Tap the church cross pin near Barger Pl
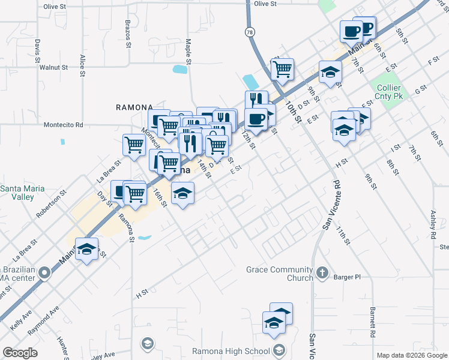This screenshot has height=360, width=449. [x=322, y=274]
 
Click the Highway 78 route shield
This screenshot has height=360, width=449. [x=249, y=31]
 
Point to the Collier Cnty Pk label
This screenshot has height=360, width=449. [x=392, y=92]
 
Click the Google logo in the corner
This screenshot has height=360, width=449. [x=20, y=352]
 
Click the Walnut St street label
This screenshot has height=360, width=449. [x=54, y=67]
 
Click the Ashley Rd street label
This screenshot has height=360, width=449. [x=432, y=226]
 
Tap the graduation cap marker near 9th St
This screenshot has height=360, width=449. [x=330, y=73]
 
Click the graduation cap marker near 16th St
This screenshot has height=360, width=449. [x=182, y=193]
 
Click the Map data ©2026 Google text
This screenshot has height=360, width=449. [x=412, y=355]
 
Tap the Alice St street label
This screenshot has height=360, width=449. [x=82, y=65]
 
